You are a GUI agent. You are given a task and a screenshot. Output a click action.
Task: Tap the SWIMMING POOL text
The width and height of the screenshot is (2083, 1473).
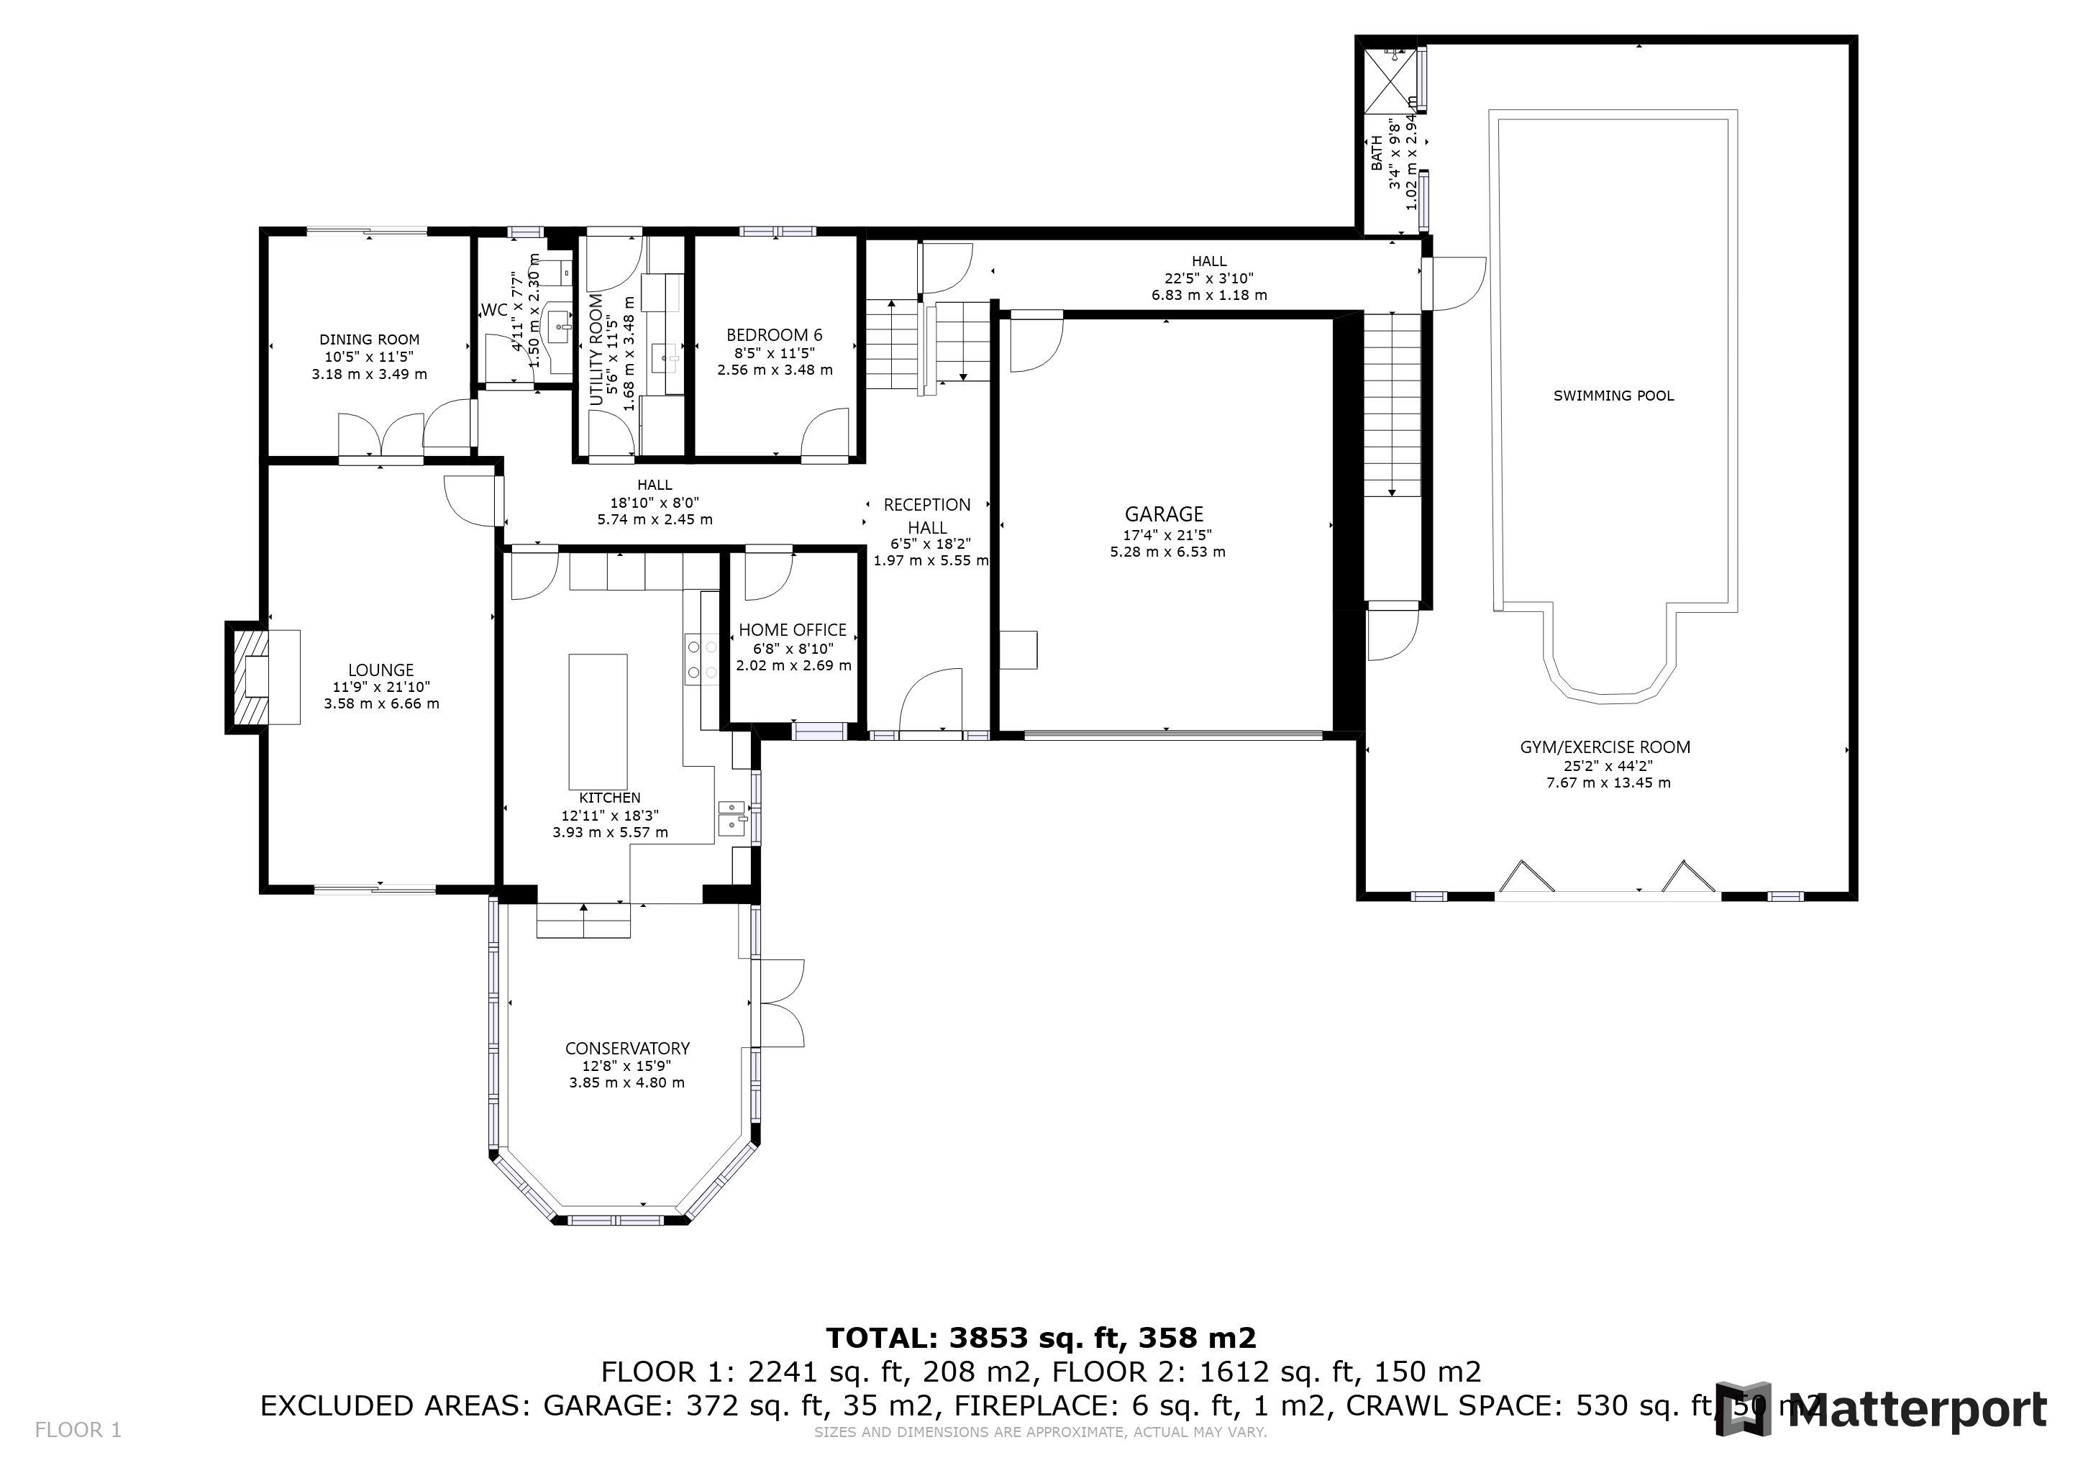[1613, 396]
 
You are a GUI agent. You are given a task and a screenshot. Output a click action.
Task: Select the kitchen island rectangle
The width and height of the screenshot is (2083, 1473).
[597, 722]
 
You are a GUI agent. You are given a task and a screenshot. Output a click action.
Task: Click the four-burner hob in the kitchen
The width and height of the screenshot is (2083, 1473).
[701, 660]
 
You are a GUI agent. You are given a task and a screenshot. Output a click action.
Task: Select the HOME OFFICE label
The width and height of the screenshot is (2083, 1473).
[792, 630]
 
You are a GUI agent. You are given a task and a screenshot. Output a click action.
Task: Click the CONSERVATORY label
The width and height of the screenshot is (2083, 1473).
[627, 1049]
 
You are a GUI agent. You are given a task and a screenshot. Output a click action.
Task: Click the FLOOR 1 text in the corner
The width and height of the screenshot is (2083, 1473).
[78, 1431]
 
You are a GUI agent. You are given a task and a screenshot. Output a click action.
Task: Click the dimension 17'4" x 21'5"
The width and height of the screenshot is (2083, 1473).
[1167, 535]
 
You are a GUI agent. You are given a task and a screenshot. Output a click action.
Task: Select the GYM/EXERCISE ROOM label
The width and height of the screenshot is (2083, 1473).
[1605, 747]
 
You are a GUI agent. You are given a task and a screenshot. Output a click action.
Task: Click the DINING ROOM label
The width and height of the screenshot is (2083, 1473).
[369, 340]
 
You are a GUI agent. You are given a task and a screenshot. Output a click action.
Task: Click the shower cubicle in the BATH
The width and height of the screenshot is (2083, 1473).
[1391, 80]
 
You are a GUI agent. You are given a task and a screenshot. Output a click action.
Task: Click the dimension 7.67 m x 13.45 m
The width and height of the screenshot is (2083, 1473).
[1608, 783]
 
